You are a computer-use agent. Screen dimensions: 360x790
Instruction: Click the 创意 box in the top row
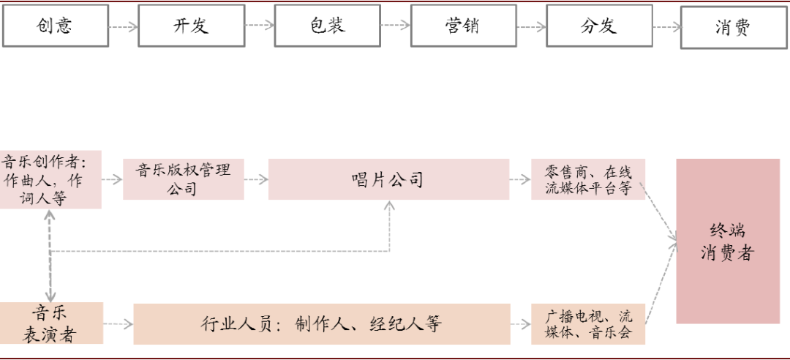pos(55,26)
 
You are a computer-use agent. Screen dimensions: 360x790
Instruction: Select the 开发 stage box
pos(191,26)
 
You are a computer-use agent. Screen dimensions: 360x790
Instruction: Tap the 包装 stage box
pos(327,26)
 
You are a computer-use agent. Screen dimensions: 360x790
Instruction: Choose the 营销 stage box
pos(462,26)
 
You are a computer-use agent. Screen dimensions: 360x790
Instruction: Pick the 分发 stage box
pos(598,26)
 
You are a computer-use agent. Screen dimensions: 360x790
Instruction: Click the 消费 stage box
pos(734,27)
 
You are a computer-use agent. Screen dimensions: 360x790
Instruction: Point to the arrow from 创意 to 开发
pos(123,26)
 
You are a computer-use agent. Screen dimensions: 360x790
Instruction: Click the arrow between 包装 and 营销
pos(395,26)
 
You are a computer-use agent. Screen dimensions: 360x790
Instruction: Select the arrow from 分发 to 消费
pos(666,26)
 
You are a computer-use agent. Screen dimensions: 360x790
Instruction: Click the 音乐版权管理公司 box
pos(183,179)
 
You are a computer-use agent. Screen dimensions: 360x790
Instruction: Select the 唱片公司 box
pos(388,179)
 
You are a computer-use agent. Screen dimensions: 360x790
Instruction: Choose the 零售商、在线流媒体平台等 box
pos(587,179)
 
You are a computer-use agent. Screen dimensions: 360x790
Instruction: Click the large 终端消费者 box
pos(728,241)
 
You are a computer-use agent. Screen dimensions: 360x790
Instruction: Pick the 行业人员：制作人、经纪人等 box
pos(322,323)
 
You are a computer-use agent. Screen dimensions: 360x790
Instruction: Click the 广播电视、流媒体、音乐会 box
pos(587,324)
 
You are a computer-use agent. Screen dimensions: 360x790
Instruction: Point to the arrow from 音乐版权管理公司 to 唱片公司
pos(256,179)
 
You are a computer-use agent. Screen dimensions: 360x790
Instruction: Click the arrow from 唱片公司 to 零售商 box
pos(520,179)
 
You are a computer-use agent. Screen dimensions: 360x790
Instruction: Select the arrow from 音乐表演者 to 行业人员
pos(118,323)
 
